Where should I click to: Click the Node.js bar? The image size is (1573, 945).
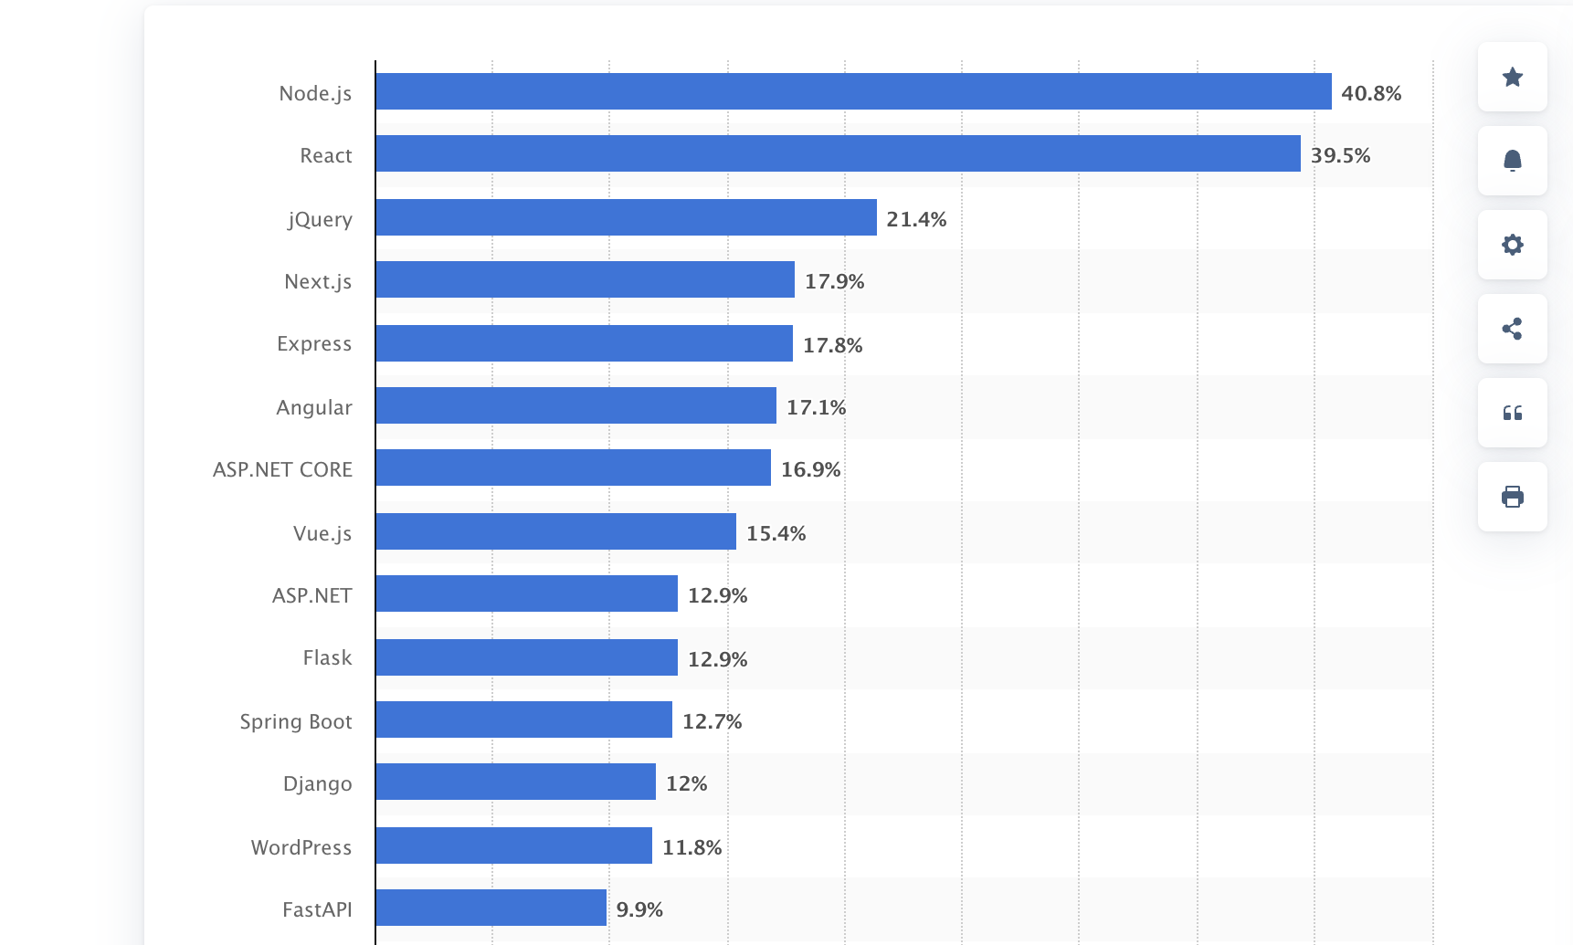point(853,91)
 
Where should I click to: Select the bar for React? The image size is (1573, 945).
point(838,153)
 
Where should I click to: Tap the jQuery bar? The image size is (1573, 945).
point(626,217)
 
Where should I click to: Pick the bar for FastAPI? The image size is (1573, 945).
point(491,908)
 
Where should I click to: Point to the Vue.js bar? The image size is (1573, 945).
point(555,531)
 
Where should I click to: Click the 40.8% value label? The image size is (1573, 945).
point(1370,93)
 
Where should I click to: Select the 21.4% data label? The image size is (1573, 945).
point(916,219)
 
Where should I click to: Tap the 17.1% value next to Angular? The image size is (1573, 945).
point(816,407)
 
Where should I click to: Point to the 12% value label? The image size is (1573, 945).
point(686,783)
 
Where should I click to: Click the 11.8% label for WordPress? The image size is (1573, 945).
point(691,847)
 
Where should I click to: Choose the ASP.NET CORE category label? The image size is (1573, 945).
point(282,469)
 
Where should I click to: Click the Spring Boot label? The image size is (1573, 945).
point(296,721)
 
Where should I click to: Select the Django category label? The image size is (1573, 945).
point(317,783)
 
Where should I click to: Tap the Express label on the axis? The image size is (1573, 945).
point(314,343)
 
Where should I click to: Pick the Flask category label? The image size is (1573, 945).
point(327,657)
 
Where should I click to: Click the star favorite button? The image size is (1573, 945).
point(1512,77)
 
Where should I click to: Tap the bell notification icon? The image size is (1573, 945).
point(1512,161)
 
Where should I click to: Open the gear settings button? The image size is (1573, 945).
point(1512,245)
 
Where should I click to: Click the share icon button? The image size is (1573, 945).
point(1512,329)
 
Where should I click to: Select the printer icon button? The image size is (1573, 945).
point(1512,497)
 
